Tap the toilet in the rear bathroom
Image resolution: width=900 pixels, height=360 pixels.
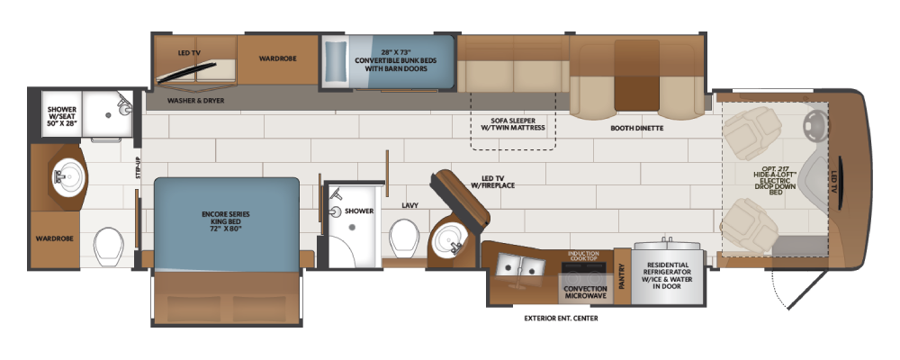pos(109,247)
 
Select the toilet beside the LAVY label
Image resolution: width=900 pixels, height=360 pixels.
pos(403,238)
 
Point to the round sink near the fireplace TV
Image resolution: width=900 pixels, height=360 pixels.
pos(450,242)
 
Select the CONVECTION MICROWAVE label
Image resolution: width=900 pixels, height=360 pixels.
pos(586,292)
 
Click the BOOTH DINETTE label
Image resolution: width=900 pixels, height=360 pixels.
pos(636,129)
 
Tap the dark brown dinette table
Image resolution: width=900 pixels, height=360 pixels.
pos(637,75)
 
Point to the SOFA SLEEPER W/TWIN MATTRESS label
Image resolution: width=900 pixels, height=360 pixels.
pos(514,124)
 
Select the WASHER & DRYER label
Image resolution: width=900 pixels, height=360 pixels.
pos(195,101)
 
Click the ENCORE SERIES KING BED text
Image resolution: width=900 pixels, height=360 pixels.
pos(226,221)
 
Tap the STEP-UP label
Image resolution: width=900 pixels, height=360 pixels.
pos(139,168)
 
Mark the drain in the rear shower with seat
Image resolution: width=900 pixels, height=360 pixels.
pos(108,115)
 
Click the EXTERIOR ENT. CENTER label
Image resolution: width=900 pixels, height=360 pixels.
pos(561,318)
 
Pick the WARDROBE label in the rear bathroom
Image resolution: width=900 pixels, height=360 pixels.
pos(55,238)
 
